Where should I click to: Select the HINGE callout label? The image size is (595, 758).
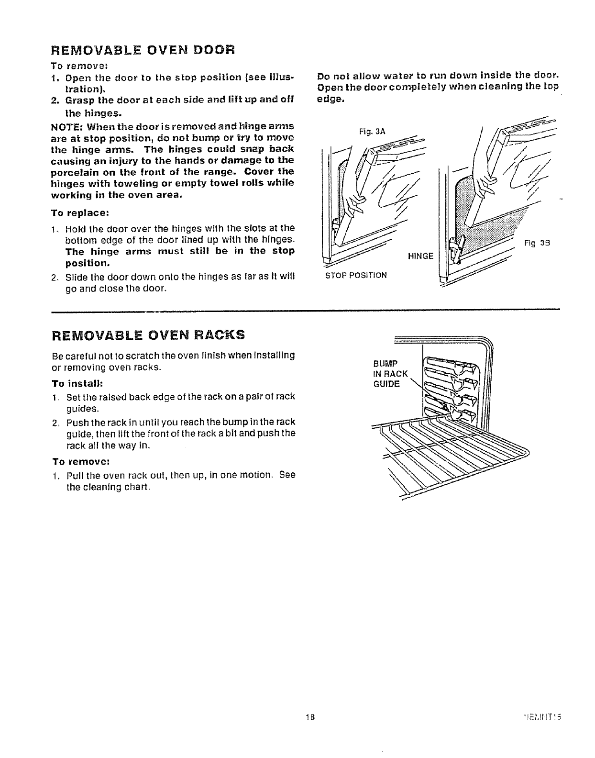(420, 256)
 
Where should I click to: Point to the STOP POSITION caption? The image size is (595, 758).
(355, 276)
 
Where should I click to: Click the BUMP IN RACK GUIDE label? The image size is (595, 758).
(390, 373)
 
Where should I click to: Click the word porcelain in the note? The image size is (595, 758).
(75, 172)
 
